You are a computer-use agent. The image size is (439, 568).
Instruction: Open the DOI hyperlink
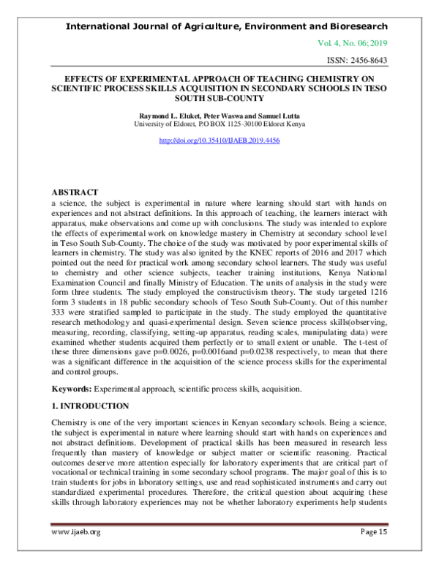click(x=219, y=140)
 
